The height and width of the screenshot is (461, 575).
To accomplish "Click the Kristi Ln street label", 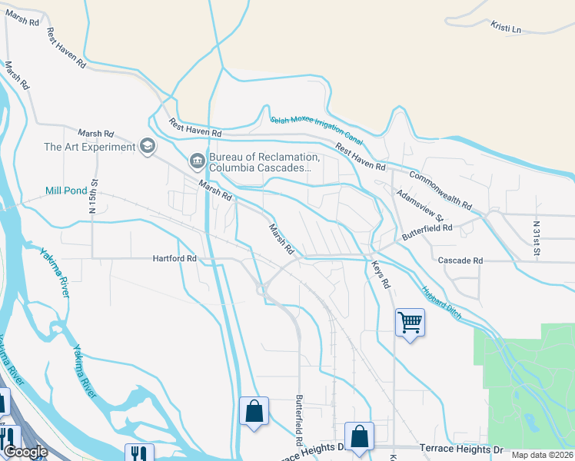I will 505,28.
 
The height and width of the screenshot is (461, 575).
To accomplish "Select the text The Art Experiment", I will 89,147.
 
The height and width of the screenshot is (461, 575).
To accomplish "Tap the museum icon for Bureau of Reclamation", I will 197,160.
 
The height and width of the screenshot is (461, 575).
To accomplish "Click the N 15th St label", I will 95,197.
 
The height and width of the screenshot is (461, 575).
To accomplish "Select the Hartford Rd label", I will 174,259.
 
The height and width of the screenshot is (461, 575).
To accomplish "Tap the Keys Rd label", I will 381,275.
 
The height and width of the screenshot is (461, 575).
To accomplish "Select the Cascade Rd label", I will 460,260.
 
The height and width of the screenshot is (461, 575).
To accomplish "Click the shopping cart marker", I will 410,322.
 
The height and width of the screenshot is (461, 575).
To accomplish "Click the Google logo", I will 25,452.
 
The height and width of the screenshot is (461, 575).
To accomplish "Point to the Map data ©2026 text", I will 542,455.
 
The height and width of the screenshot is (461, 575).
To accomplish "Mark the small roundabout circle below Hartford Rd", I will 261,290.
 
